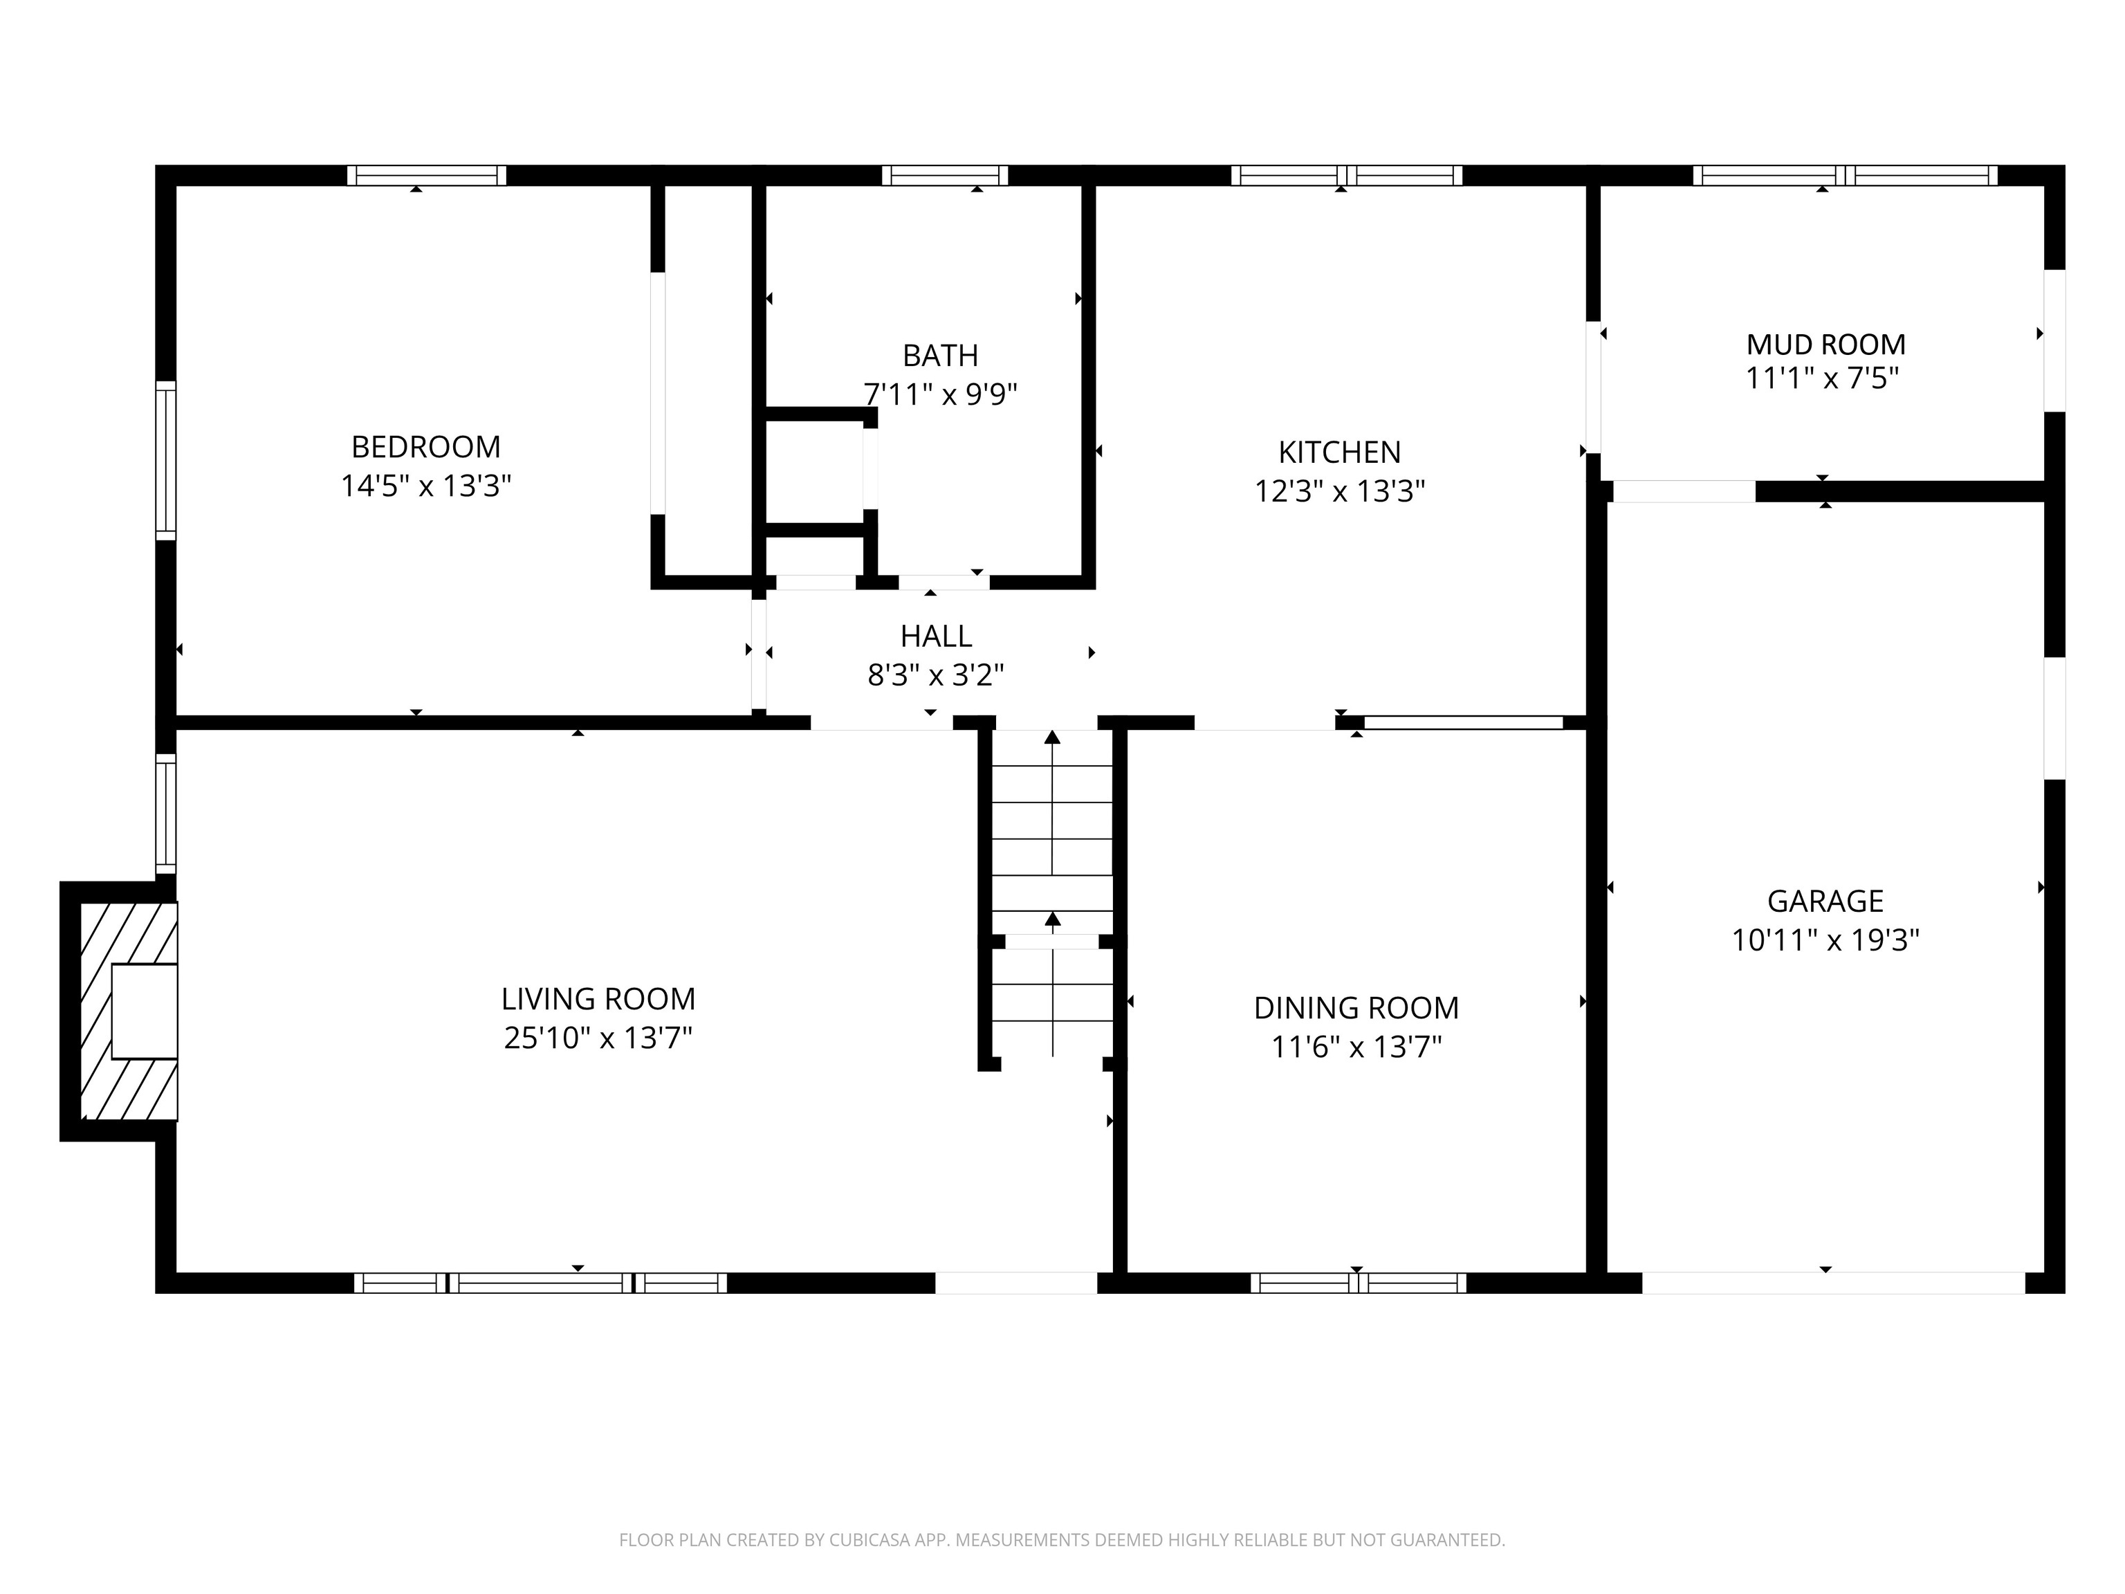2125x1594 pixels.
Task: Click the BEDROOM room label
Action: pyautogui.click(x=425, y=447)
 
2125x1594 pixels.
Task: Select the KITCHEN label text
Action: pyautogui.click(x=1339, y=452)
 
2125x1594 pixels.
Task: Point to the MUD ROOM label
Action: pyautogui.click(x=1825, y=344)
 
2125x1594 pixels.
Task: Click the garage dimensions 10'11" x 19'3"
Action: pyautogui.click(x=1825, y=940)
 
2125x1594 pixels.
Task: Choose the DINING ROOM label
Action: pyautogui.click(x=1356, y=1008)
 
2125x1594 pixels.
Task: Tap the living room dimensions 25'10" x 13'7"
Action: pyautogui.click(x=598, y=1038)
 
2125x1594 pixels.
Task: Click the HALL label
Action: pyautogui.click(x=936, y=636)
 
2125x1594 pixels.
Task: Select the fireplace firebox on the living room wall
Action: pyautogui.click(x=144, y=1011)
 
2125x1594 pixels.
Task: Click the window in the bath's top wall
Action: pyautogui.click(x=946, y=175)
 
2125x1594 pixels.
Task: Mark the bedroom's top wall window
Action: pyautogui.click(x=427, y=175)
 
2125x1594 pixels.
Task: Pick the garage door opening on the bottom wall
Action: pyautogui.click(x=1833, y=1283)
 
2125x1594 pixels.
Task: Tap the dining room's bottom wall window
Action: pyautogui.click(x=1359, y=1283)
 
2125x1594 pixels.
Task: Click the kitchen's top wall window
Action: pyautogui.click(x=1347, y=175)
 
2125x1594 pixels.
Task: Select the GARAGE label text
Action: pyautogui.click(x=1825, y=901)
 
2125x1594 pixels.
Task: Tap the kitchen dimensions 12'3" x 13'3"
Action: pyautogui.click(x=1339, y=491)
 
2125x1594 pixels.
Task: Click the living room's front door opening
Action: pyautogui.click(x=1016, y=1283)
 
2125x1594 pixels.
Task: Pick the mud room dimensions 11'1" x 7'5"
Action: pyautogui.click(x=1823, y=378)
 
